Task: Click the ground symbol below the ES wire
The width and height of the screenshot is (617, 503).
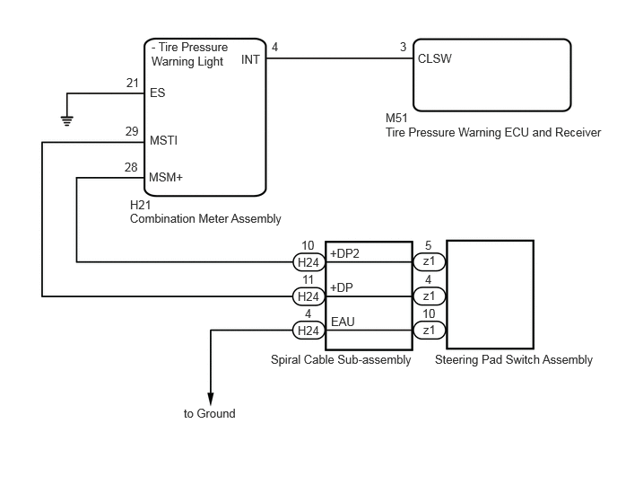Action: pos(67,120)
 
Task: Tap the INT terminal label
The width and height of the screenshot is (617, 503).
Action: pos(250,59)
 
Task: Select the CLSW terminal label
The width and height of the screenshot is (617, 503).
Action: pos(434,58)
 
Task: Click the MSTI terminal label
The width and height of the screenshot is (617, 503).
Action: pos(164,140)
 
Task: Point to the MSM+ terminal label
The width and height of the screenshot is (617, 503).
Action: pos(166,177)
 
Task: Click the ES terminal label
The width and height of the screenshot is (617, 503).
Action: pos(158,93)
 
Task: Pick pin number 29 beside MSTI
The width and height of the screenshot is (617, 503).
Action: pos(132,131)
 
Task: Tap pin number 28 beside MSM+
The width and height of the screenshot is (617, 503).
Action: pos(131,168)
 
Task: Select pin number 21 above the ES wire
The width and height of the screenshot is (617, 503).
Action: pos(133,84)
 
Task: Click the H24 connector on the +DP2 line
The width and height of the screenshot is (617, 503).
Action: pos(308,262)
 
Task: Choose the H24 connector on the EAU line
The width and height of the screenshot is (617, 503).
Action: pos(308,331)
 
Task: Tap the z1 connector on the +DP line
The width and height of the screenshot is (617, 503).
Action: pos(429,296)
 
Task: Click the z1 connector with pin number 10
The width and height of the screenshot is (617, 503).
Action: pos(429,330)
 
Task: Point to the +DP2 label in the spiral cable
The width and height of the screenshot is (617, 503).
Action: pos(344,253)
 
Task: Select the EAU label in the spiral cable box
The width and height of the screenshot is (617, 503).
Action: pos(343,322)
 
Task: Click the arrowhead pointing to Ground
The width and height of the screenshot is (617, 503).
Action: pos(211,399)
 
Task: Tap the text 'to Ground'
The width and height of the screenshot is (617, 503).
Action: pos(209,413)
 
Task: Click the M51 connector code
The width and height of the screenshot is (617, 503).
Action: pos(396,118)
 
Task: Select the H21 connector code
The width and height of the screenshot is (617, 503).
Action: pos(141,205)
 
